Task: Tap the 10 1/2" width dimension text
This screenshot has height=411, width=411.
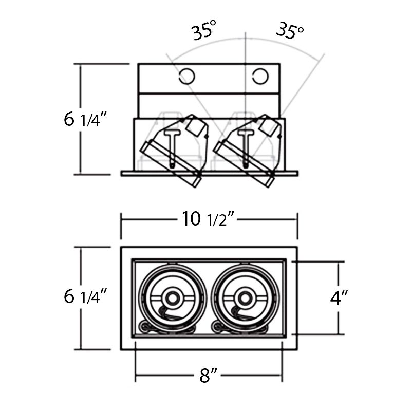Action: [208, 219]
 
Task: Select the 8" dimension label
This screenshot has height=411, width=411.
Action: [209, 377]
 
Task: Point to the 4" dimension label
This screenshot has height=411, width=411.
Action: [340, 298]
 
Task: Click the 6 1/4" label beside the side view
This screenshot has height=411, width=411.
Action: [85, 119]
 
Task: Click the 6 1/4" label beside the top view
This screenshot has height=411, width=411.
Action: [85, 296]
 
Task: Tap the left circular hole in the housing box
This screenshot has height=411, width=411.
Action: [186, 77]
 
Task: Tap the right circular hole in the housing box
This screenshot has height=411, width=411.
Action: [259, 77]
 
